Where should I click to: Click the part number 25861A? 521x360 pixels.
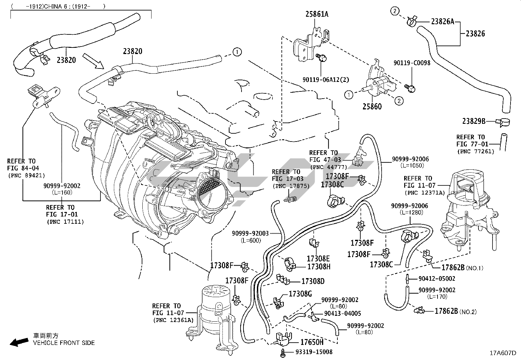(317, 14)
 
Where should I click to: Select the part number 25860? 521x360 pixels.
(372, 106)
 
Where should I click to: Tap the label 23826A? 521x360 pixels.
(442, 22)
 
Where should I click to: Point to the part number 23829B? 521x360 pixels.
(474, 121)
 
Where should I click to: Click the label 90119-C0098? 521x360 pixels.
(412, 63)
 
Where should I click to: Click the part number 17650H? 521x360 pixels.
(312, 342)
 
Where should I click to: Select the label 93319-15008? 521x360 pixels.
(314, 352)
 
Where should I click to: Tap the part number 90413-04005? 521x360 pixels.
(342, 313)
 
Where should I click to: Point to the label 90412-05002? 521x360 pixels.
(437, 279)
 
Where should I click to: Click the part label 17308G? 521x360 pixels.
(300, 294)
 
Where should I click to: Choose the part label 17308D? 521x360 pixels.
(313, 281)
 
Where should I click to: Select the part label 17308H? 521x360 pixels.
(318, 267)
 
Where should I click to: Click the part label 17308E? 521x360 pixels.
(318, 258)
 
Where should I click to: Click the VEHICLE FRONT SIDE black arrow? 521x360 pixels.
(19, 342)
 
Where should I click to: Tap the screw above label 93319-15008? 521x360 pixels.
(282, 352)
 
